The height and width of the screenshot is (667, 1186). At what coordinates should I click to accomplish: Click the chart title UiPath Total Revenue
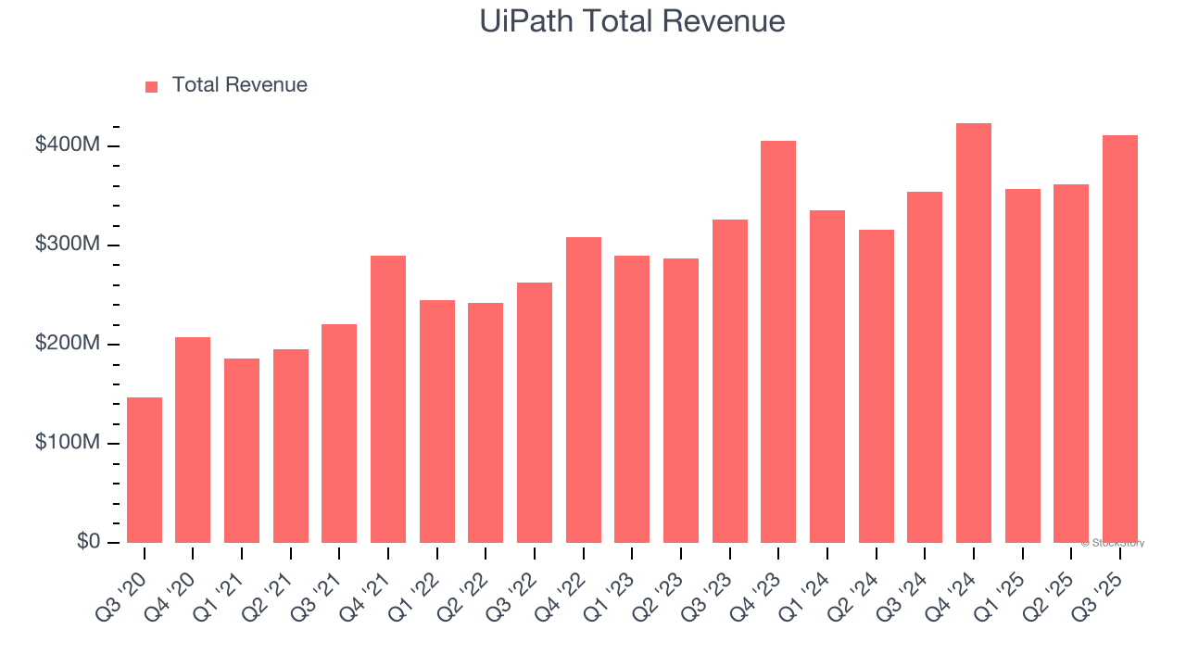coord(632,20)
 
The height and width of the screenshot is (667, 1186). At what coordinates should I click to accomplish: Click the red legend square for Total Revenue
coord(152,86)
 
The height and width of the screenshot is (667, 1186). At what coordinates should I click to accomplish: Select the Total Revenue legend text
coord(239,85)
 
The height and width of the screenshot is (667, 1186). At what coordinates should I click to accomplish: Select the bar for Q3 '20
coord(145,470)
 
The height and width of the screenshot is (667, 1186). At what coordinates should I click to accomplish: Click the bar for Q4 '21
coord(388,398)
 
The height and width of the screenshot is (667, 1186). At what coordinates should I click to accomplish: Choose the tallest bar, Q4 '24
coord(974,333)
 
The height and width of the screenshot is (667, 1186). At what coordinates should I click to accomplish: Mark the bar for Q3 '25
coord(1120,338)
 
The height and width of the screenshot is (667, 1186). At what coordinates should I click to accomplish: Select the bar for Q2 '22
coord(486,422)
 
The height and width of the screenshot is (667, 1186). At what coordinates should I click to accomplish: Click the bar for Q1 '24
coord(827,376)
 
